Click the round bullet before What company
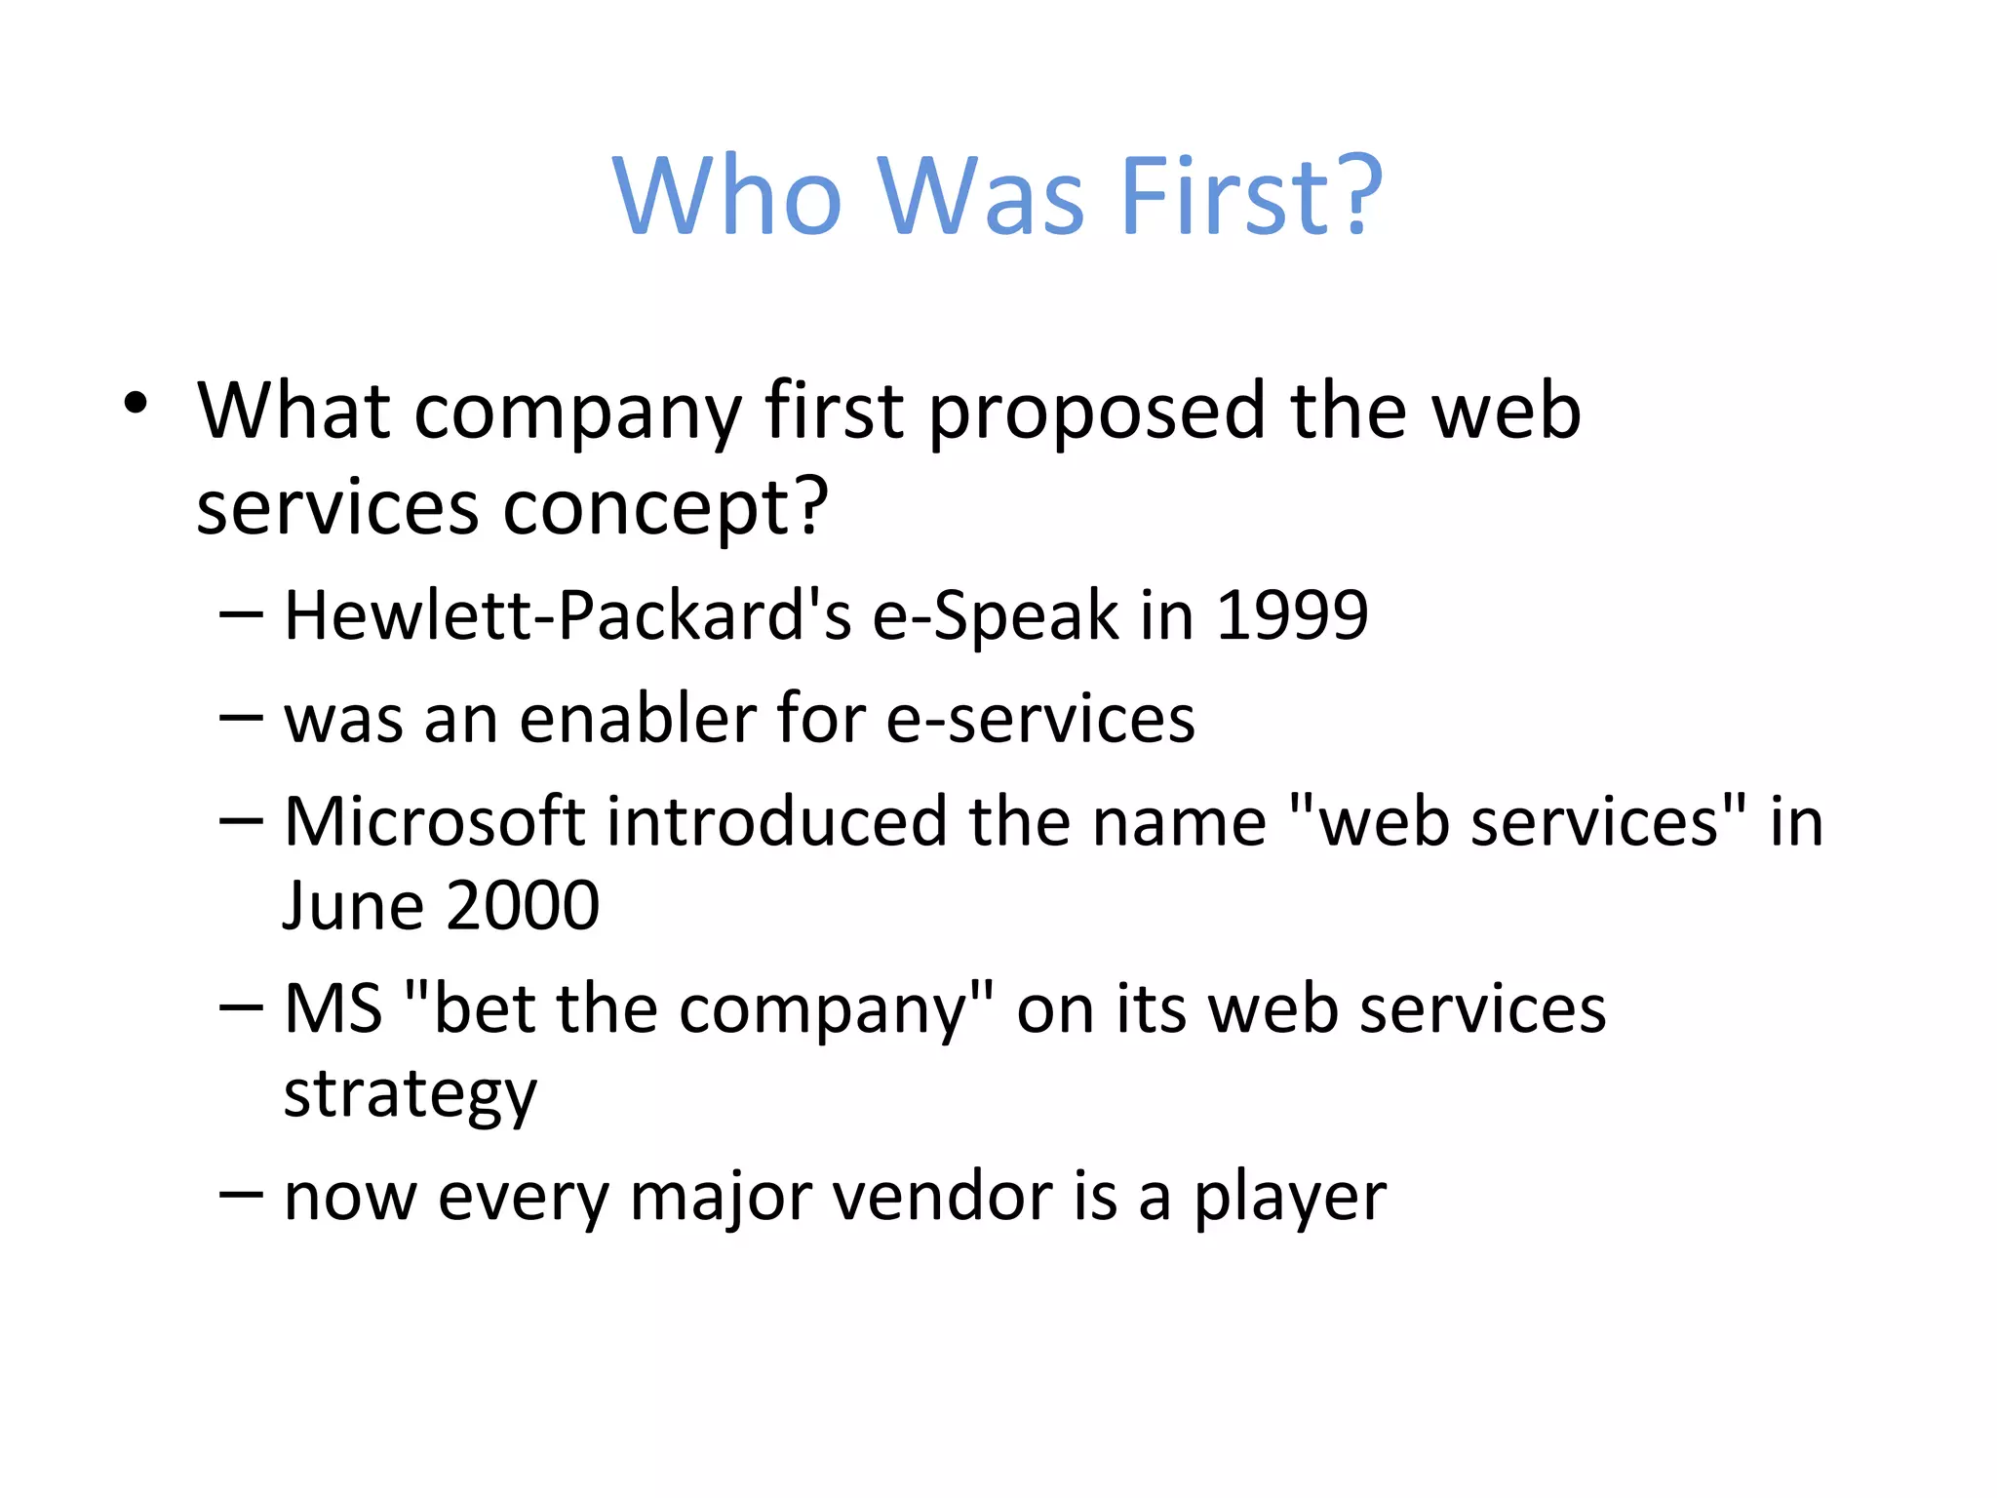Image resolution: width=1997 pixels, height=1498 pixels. click(136, 403)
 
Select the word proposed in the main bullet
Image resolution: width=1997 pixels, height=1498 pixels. click(1096, 412)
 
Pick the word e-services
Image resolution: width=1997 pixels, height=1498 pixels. click(1039, 719)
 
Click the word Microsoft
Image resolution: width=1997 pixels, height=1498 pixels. click(435, 821)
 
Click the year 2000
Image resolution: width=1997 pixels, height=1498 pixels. click(523, 905)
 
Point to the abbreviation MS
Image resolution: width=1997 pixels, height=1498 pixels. click(333, 1008)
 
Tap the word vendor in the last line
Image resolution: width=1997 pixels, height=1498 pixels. click(941, 1197)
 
